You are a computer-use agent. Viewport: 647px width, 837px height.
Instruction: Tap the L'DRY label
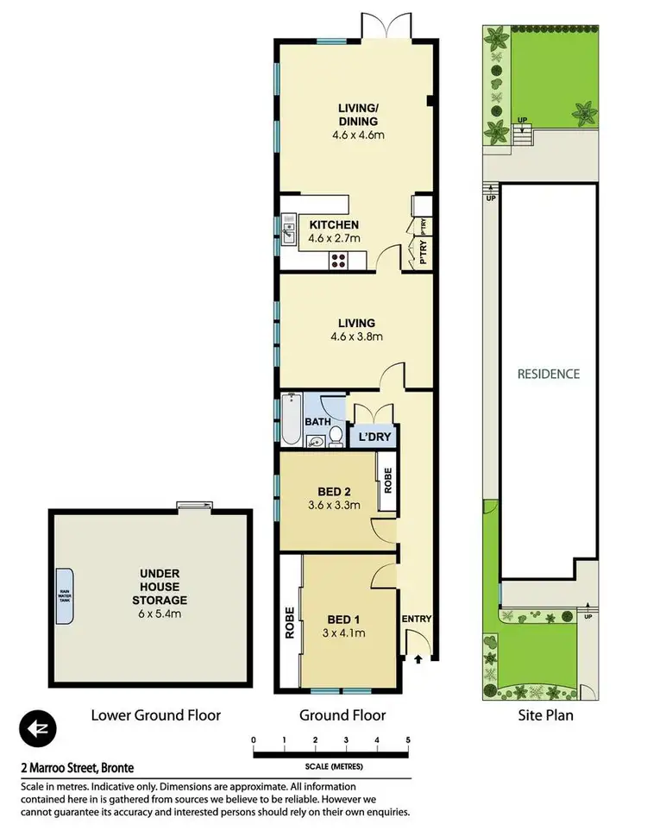pyautogui.click(x=374, y=438)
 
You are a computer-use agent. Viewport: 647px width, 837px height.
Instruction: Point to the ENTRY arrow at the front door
pyautogui.click(x=419, y=660)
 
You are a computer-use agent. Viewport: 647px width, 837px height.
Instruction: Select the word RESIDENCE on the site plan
pyautogui.click(x=549, y=374)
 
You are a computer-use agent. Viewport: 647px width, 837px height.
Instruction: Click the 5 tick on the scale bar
pyautogui.click(x=407, y=739)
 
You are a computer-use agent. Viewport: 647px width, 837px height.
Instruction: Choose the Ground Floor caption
pyautogui.click(x=342, y=714)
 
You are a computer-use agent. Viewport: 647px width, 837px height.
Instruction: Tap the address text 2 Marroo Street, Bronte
pyautogui.click(x=78, y=767)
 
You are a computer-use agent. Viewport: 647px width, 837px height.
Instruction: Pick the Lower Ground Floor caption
pyautogui.click(x=156, y=714)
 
